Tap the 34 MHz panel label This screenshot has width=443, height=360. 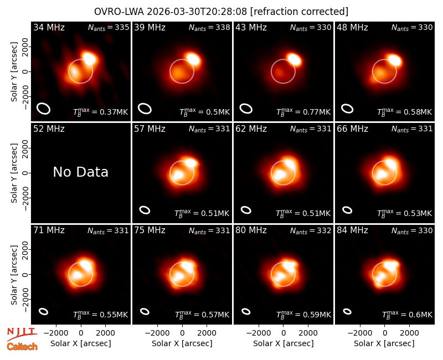pyautogui.click(x=49, y=27)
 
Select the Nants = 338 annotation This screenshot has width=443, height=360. pyautogui.click(x=209, y=27)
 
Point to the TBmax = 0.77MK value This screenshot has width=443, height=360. pyautogui.click(x=303, y=112)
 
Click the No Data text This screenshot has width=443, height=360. pyautogui.click(x=80, y=172)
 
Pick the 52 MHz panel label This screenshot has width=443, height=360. pyautogui.click(x=49, y=129)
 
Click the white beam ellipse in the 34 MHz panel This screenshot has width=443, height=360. pyautogui.click(x=44, y=109)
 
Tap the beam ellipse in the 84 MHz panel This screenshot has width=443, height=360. pyautogui.click(x=347, y=311)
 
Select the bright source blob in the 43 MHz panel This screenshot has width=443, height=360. pyautogui.click(x=294, y=60)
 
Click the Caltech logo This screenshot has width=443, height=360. pyautogui.click(x=22, y=347)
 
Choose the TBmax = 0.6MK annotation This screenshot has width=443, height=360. pyautogui.click(x=407, y=315)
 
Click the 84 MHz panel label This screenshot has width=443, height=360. pyautogui.click(x=352, y=230)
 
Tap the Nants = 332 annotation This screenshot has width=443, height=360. pyautogui.click(x=311, y=230)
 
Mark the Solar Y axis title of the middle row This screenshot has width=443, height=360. pyautogui.click(x=14, y=173)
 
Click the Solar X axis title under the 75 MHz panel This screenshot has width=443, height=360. pyautogui.click(x=182, y=343)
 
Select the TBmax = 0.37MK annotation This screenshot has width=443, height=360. pyautogui.click(x=101, y=112)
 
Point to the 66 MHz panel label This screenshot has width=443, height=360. pyautogui.click(x=352, y=129)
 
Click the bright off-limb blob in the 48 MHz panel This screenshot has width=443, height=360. pyautogui.click(x=394, y=60)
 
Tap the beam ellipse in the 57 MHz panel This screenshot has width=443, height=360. pyautogui.click(x=145, y=210)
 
